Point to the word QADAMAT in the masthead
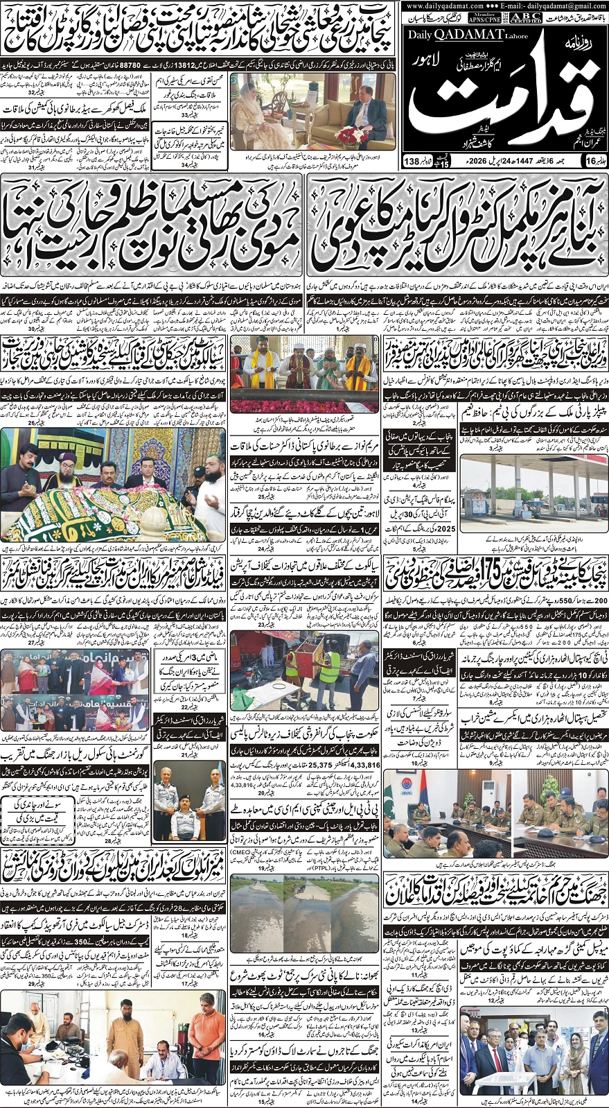coord(468,35)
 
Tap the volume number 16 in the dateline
coord(590,161)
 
